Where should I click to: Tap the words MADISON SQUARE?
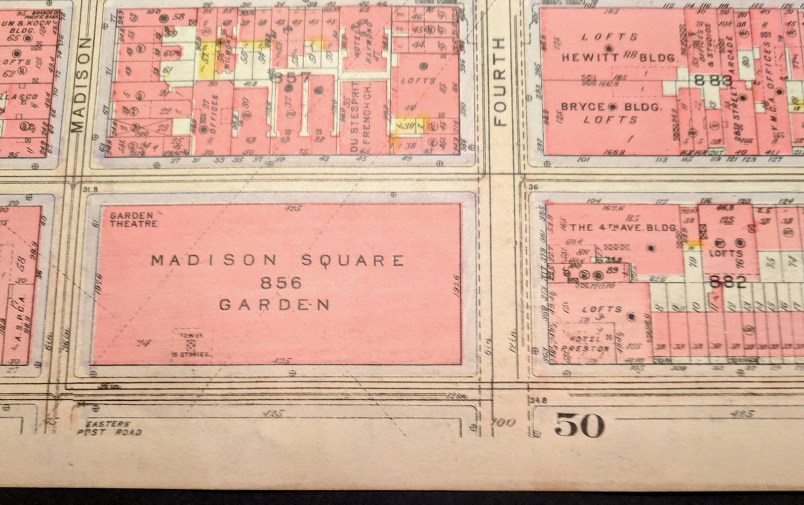[278, 261]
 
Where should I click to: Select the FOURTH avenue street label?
[500, 82]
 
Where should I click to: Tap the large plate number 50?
[579, 425]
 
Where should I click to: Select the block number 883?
[713, 80]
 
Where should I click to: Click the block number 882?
[727, 282]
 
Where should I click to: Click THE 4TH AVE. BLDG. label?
[623, 228]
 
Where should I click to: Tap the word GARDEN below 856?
[275, 305]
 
